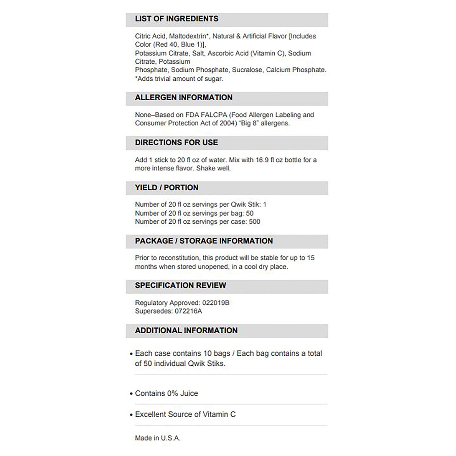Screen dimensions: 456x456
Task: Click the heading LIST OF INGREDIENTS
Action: tap(176, 19)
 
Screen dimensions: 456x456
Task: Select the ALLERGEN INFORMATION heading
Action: tap(184, 98)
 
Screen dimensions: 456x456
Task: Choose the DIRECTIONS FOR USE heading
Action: tap(176, 143)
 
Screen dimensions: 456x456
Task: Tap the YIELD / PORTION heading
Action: tap(167, 187)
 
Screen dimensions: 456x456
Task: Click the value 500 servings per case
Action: tap(254, 222)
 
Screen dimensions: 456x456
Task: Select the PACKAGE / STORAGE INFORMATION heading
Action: tap(204, 241)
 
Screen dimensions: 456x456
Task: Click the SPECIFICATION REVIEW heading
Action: tap(181, 285)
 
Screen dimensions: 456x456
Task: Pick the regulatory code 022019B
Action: tap(216, 303)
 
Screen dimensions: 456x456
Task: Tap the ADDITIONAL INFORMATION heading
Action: tap(186, 330)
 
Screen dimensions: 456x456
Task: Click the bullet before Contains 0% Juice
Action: tap(131, 394)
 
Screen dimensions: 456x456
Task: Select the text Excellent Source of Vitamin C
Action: tap(185, 414)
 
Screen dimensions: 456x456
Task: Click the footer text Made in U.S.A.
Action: tap(157, 438)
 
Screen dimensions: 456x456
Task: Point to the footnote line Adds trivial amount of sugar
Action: tap(179, 79)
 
